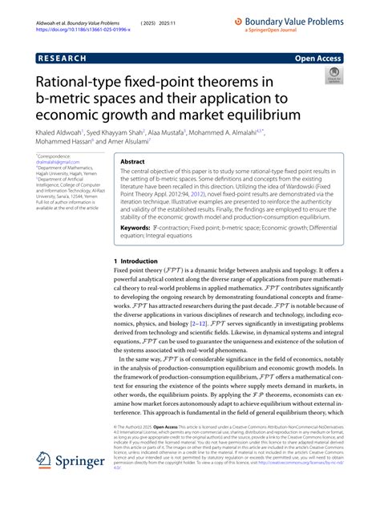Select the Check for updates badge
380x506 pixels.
pyautogui.click(x=334, y=78)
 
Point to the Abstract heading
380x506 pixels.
pyautogui.click(x=132, y=160)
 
